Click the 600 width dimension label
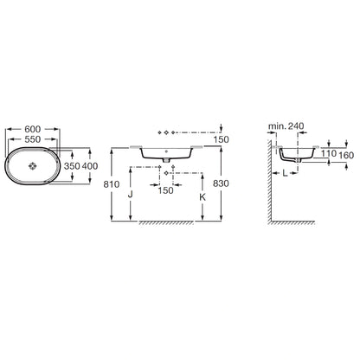(x=33, y=129)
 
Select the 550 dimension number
(x=33, y=139)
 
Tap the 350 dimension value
(x=72, y=166)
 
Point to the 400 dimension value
(x=90, y=166)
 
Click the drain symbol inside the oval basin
(x=33, y=166)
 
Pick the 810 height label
(x=112, y=184)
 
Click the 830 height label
(x=221, y=183)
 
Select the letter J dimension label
(x=131, y=195)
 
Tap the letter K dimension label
(x=202, y=197)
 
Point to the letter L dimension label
(x=285, y=173)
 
